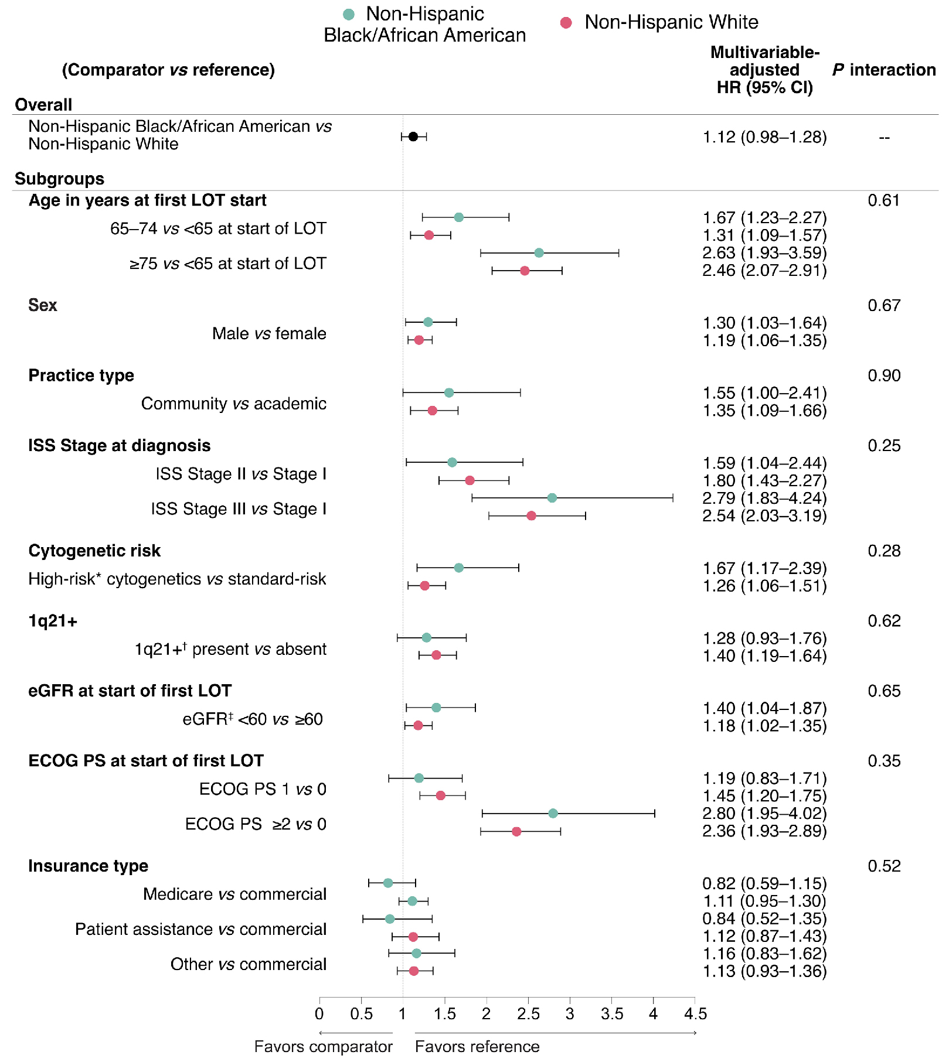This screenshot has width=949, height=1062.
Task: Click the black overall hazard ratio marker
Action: click(x=413, y=136)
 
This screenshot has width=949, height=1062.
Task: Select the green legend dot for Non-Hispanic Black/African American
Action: click(x=349, y=15)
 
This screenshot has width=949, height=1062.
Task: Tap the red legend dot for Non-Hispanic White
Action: click(x=566, y=23)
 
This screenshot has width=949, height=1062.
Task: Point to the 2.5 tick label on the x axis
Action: click(x=528, y=1014)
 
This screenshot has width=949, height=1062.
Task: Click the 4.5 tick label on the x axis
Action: click(x=695, y=1014)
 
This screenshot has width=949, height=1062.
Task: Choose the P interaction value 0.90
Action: click(x=883, y=375)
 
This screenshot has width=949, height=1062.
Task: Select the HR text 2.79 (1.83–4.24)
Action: click(x=764, y=498)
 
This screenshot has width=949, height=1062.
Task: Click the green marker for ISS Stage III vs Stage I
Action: click(x=552, y=498)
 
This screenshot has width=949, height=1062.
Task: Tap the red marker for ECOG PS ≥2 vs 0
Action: click(x=516, y=831)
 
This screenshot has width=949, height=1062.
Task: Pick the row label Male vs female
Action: click(x=269, y=333)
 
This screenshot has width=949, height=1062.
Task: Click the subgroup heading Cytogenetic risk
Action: click(x=94, y=551)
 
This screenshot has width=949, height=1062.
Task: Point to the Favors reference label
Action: click(x=477, y=1047)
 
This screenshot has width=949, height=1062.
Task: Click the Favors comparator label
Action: click(x=323, y=1047)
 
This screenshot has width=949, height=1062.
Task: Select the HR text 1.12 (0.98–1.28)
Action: click(x=764, y=137)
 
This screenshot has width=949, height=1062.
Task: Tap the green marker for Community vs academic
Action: click(x=448, y=392)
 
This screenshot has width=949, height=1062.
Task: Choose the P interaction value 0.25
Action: click(x=883, y=446)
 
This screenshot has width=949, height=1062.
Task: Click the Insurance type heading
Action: click(x=88, y=866)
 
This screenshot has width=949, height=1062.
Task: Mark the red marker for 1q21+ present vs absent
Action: click(x=436, y=655)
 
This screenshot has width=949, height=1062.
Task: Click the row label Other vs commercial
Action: click(x=248, y=964)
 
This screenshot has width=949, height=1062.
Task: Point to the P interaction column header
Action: click(x=883, y=70)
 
